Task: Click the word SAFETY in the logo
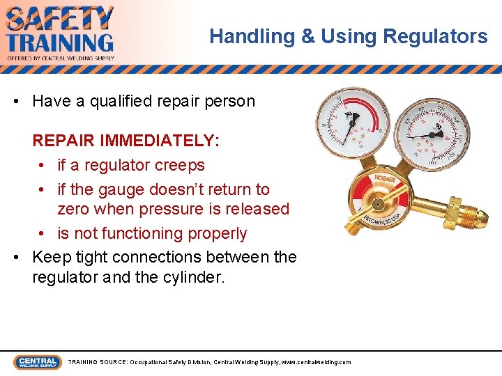(x=59, y=18)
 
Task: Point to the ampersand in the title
(x=308, y=36)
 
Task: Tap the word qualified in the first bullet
(x=132, y=101)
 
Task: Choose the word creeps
(x=181, y=165)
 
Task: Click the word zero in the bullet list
(x=75, y=209)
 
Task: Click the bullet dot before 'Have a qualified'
(x=17, y=102)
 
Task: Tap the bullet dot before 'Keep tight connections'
(x=17, y=258)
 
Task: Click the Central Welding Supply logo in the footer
(x=36, y=362)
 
